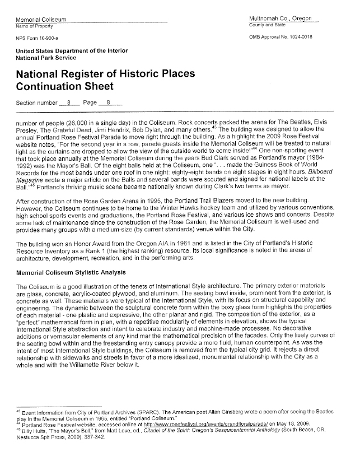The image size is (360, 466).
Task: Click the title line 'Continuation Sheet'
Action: pos(64,86)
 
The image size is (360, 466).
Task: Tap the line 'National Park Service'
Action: pos(46,58)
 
